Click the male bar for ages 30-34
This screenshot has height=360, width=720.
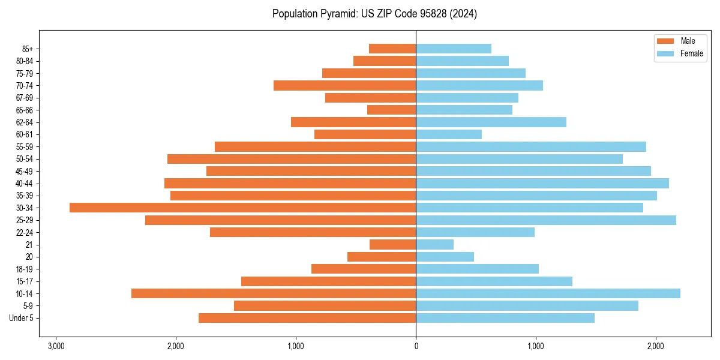(243, 208)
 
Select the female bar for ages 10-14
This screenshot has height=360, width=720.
(548, 293)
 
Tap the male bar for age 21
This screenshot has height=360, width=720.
(392, 244)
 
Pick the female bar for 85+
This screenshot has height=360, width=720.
(454, 49)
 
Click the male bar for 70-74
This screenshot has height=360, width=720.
(344, 85)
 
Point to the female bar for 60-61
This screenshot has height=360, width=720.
(449, 134)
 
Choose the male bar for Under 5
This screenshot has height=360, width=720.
(307, 318)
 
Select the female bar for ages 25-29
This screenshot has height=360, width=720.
(546, 220)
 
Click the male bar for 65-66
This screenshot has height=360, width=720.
(391, 110)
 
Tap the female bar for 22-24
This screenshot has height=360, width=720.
(475, 232)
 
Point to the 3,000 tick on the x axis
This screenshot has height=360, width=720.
(56, 347)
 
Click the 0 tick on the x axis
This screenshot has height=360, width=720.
(416, 347)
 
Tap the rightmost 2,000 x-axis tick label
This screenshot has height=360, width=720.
(656, 347)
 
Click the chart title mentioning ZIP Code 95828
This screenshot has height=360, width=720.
(374, 14)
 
